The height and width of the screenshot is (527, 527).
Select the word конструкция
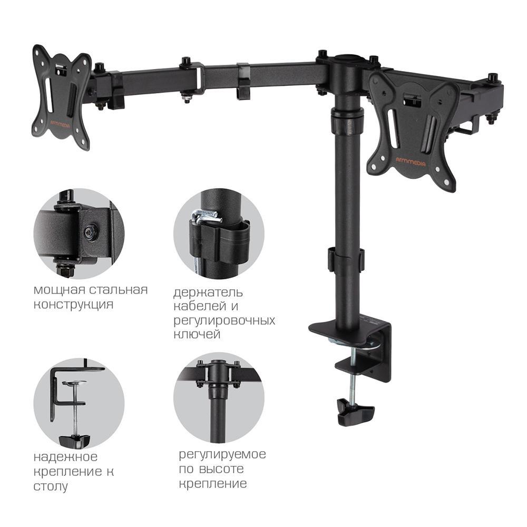[73, 305]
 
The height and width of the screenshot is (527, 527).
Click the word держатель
[208, 292]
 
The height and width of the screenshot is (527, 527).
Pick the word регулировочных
[224, 321]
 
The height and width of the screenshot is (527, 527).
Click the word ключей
[197, 335]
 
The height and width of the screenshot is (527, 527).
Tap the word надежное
[65, 457]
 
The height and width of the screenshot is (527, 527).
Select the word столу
[51, 486]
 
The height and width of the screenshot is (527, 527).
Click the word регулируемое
[222, 455]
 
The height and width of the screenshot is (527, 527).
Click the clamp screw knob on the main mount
[356, 412]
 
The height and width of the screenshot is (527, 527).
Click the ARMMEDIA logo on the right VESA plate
[411, 162]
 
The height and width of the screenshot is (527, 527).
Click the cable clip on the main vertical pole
[346, 259]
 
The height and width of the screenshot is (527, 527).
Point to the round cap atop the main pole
[348, 60]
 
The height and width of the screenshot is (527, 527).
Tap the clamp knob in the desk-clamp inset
[75, 441]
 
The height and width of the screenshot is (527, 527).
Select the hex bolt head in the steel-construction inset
[90, 231]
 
